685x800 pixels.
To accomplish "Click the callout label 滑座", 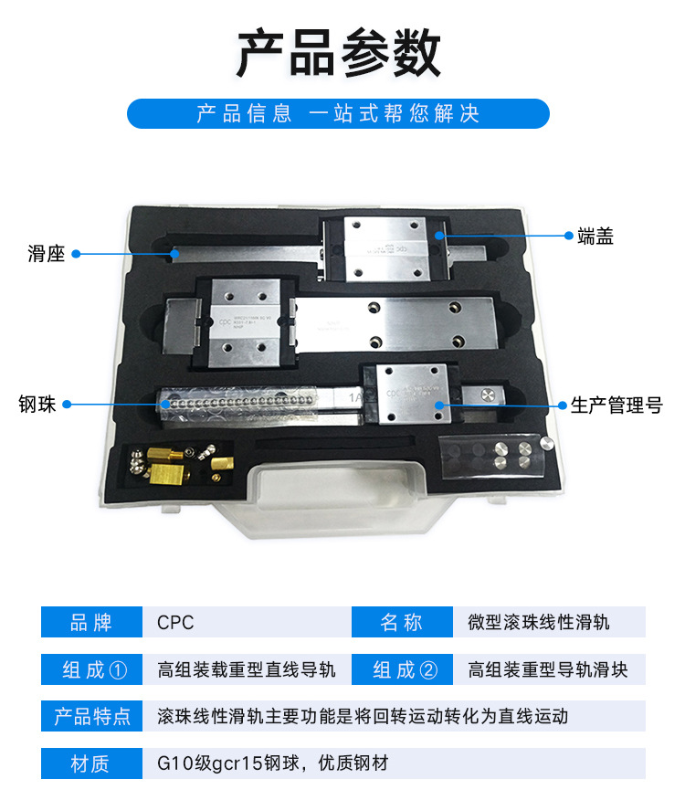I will tap(46, 254).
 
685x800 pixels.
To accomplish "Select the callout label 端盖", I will tap(595, 236).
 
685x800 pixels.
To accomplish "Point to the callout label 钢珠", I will tap(37, 403).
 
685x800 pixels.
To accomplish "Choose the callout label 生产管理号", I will tap(616, 405).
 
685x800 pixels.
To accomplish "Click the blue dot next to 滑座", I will tap(77, 254).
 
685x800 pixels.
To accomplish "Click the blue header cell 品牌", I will tap(91, 623).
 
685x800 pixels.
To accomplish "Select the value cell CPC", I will tap(175, 623).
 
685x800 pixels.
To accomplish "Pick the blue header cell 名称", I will tap(402, 623).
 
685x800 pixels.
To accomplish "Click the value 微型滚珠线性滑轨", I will tap(538, 623).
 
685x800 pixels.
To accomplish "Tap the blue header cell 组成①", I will tap(91, 669).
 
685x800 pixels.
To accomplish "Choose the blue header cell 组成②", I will tap(402, 669).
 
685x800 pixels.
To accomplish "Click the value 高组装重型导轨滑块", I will tap(547, 669).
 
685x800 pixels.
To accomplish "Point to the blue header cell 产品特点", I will tap(91, 716).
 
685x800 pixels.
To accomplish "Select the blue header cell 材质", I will tap(91, 763).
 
